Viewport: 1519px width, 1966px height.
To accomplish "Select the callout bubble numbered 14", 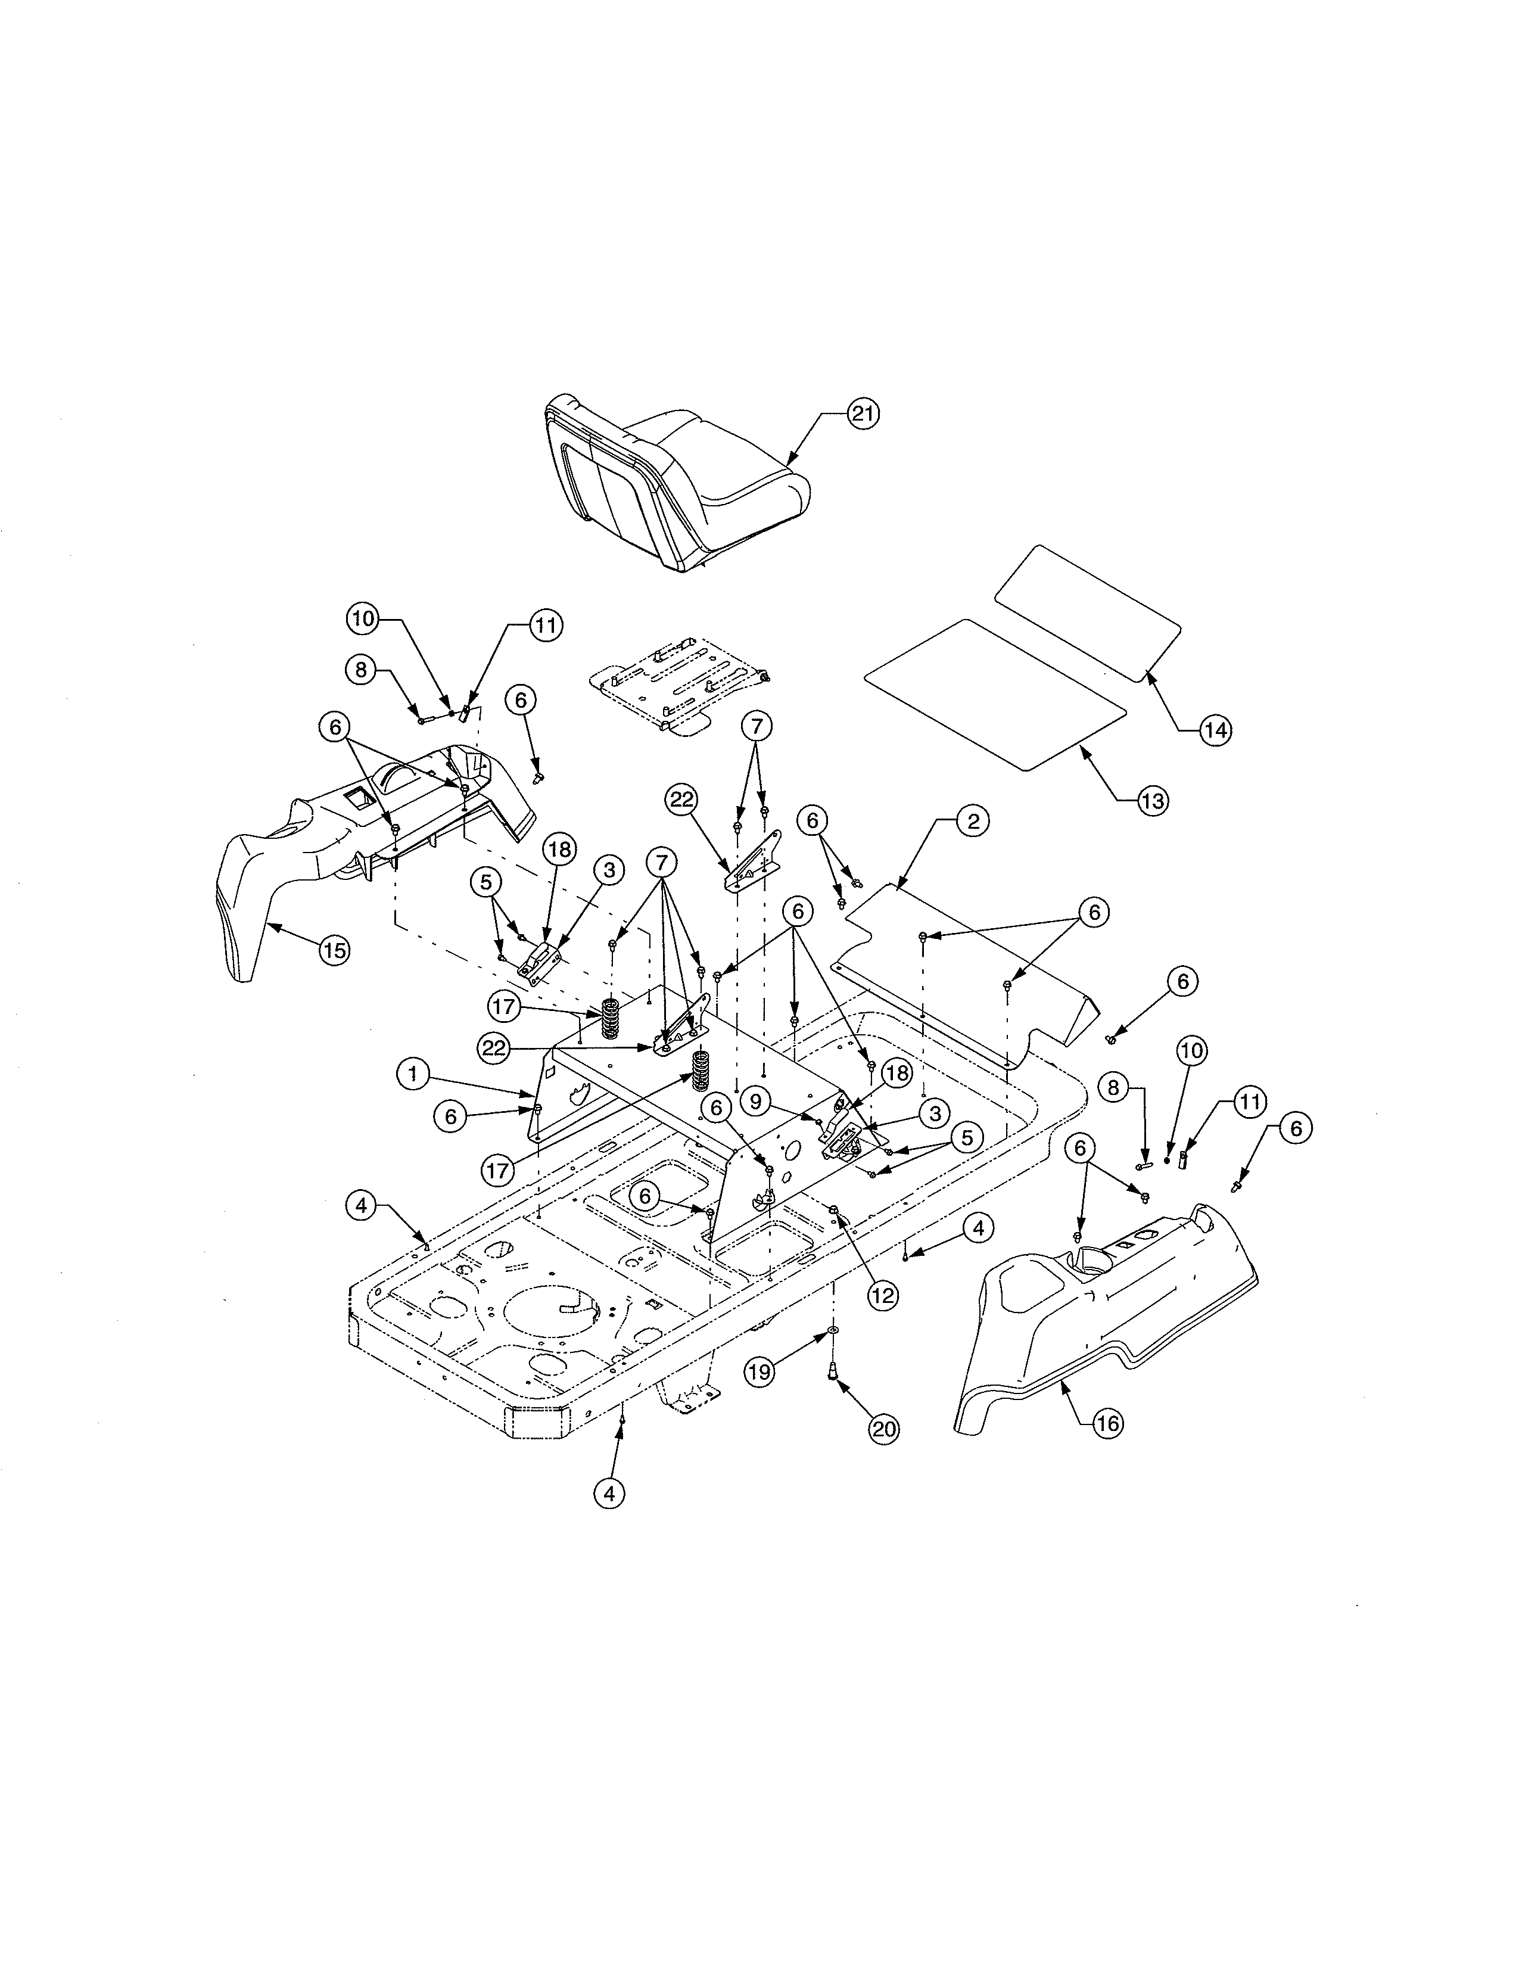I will [x=1215, y=731].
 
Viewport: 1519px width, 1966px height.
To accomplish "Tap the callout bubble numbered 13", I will [x=1152, y=800].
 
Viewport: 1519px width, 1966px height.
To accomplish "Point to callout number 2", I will [x=973, y=821].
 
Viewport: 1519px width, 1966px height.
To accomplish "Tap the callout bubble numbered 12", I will [x=883, y=1295].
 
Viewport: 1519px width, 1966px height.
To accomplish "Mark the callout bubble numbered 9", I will [x=757, y=1100].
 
